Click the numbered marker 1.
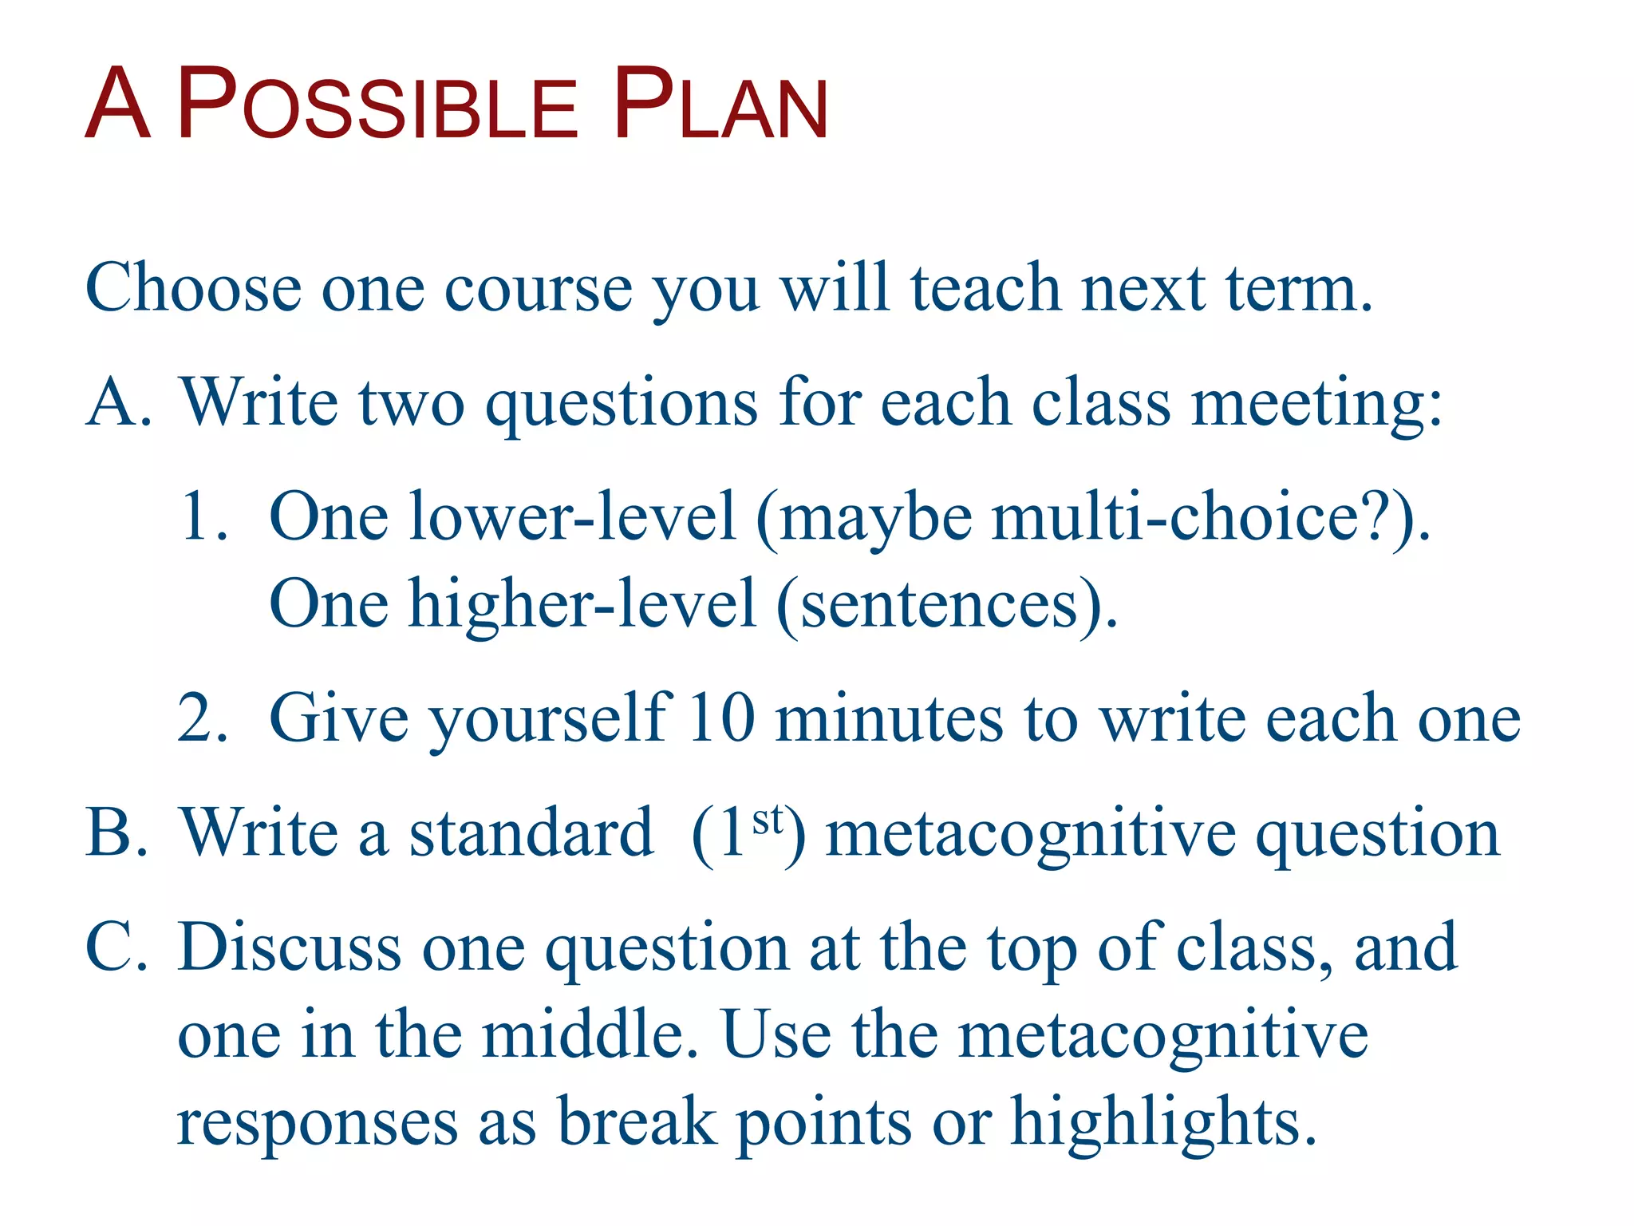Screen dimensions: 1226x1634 click(203, 517)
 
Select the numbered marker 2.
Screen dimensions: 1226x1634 click(203, 718)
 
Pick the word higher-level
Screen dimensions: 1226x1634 click(582, 604)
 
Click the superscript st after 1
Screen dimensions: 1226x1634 click(768, 820)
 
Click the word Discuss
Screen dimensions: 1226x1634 click(289, 947)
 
